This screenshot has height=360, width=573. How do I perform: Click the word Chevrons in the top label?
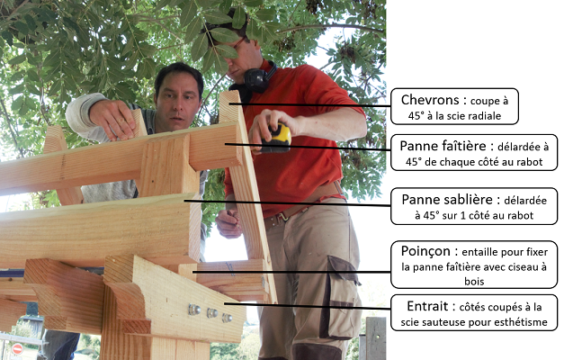coord(430,100)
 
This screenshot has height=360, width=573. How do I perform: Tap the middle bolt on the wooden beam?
coord(211,313)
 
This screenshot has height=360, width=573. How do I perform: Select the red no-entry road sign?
coord(17,349)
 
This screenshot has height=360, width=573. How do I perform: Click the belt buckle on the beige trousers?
coord(281,218)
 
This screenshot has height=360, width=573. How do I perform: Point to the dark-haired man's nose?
coord(177,104)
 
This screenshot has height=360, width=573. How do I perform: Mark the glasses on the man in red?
coord(238,44)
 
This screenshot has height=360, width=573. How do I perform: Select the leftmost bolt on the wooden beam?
coord(194,310)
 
